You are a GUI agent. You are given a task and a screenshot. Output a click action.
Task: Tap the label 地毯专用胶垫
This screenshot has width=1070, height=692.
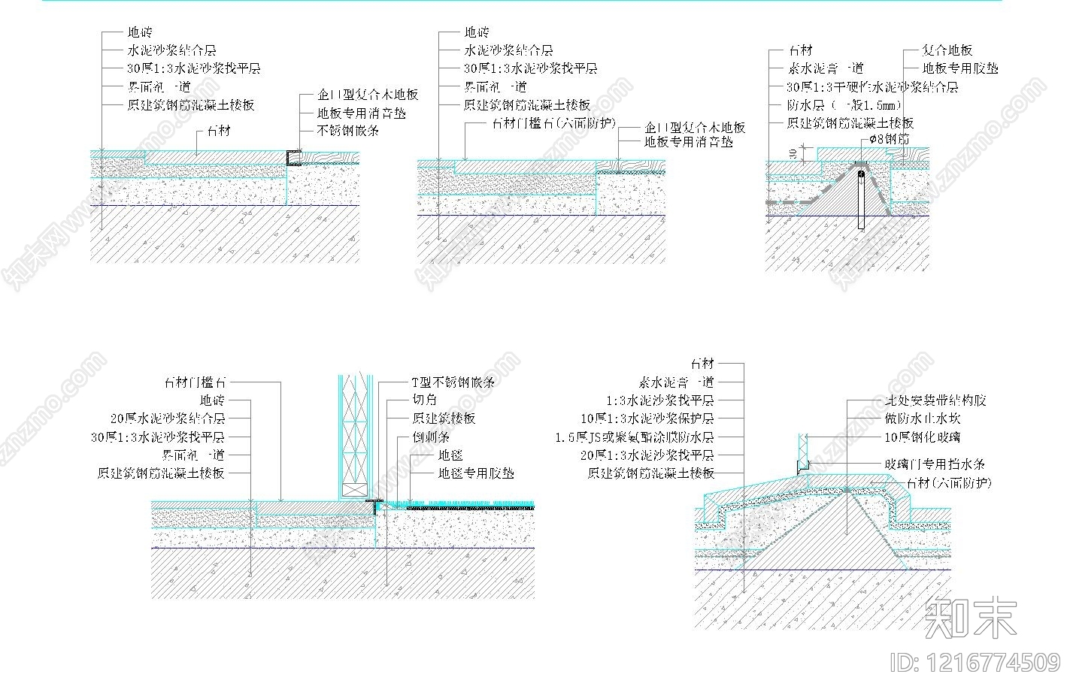click(x=476, y=473)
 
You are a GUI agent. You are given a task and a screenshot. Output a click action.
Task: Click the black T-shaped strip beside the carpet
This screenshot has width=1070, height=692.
click(x=374, y=502)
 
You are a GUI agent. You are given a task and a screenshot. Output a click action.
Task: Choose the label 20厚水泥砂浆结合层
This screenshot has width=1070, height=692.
click(x=168, y=419)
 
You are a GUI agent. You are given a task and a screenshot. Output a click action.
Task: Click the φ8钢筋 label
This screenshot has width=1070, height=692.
click(x=889, y=140)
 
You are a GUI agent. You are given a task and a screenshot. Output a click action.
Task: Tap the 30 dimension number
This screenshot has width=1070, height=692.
click(x=796, y=153)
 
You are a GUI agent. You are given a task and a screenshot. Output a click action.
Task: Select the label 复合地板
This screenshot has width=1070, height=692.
click(x=947, y=50)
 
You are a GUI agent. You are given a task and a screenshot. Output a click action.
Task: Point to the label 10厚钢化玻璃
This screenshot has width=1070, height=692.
click(x=922, y=437)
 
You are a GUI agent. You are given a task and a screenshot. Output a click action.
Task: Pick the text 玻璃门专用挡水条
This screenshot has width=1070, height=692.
click(x=935, y=464)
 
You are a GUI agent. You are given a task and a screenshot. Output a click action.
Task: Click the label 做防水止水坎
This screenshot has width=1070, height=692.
click(x=922, y=419)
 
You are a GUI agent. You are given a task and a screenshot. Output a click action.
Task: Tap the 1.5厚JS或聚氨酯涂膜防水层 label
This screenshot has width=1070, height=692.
click(x=635, y=437)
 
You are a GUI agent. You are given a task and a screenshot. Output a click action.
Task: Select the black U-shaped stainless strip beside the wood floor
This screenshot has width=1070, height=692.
click(x=293, y=158)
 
